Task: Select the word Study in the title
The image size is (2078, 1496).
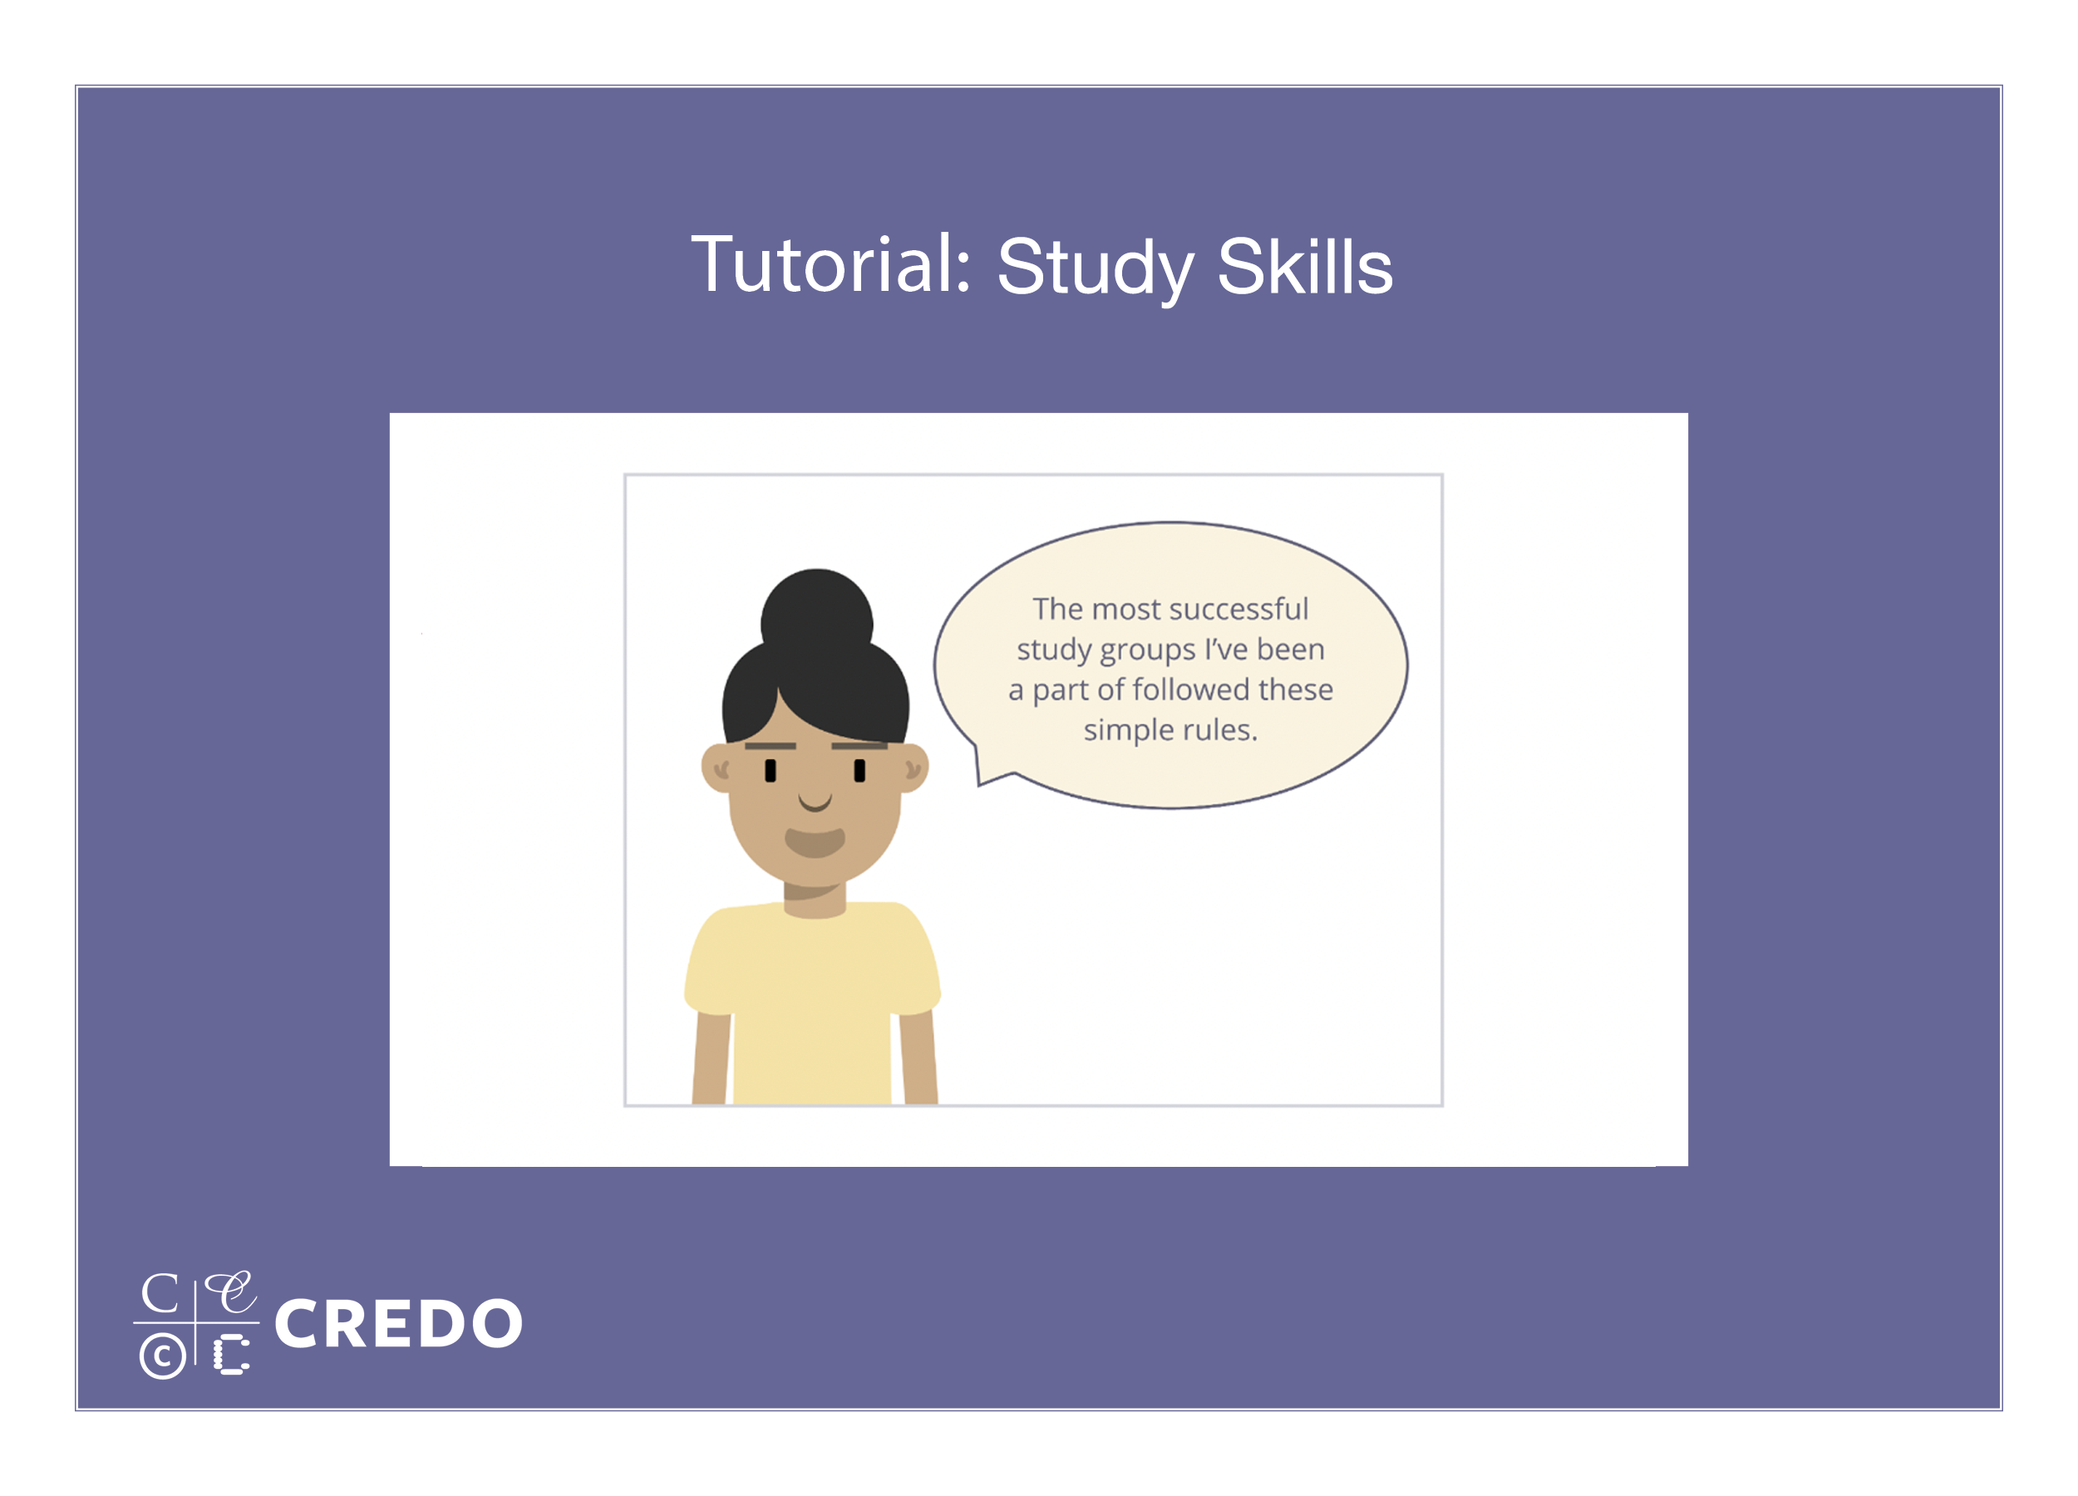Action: pyautogui.click(x=1095, y=268)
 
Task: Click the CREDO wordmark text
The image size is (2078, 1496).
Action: pyautogui.click(x=398, y=1323)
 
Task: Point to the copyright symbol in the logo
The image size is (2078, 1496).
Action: pyautogui.click(x=162, y=1355)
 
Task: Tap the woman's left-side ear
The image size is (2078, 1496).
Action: pyautogui.click(x=716, y=768)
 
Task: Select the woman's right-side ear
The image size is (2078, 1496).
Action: pyautogui.click(x=914, y=768)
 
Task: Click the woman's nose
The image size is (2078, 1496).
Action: pyautogui.click(x=815, y=803)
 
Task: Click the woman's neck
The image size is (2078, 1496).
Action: pyautogui.click(x=815, y=898)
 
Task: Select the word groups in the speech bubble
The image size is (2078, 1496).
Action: pyautogui.click(x=1148, y=652)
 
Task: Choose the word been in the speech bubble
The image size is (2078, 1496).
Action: pyautogui.click(x=1291, y=650)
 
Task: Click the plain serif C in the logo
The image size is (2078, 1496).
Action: pyautogui.click(x=160, y=1293)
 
